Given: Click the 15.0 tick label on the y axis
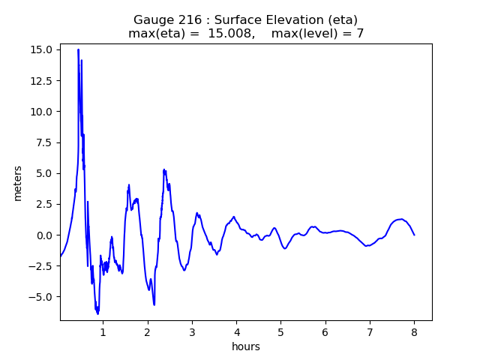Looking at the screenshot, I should (42, 49).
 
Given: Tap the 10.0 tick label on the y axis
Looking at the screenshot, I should (42, 112).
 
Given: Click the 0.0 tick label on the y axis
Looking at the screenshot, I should (44, 235).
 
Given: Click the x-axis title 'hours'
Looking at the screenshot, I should (246, 346).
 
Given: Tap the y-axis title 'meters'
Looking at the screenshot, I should (17, 183).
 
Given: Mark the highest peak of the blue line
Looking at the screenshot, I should (78, 49).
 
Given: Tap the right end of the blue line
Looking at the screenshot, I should (414, 235).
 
